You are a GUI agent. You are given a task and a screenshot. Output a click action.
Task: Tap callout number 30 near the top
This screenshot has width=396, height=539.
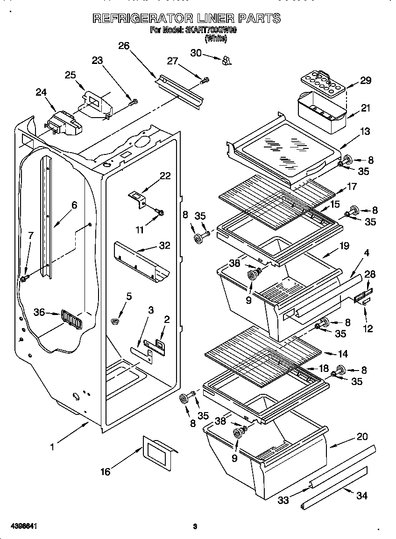click(x=196, y=53)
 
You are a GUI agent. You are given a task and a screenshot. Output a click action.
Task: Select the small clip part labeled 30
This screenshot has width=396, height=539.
click(x=227, y=60)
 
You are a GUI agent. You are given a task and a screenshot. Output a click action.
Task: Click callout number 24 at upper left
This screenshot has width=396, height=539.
click(x=41, y=92)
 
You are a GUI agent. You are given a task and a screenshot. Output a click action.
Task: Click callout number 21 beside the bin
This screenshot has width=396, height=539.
click(x=365, y=108)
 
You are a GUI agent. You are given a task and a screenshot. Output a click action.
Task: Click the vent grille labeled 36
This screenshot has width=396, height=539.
click(x=71, y=320)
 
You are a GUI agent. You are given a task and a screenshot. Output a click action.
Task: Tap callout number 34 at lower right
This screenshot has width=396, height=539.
click(x=361, y=496)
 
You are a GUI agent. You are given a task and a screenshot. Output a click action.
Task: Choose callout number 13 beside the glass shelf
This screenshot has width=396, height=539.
click(x=365, y=132)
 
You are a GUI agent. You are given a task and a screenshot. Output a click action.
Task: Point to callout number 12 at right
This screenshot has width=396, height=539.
click(x=368, y=329)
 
